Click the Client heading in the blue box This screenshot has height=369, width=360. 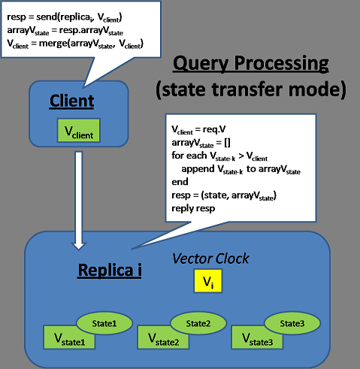[x=71, y=101]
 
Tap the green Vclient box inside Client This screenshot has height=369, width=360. [x=79, y=130]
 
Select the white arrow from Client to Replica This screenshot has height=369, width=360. [x=79, y=201]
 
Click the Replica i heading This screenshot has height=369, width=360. [x=110, y=270]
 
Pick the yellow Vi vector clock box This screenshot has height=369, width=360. [x=208, y=281]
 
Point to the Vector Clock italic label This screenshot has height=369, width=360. [x=210, y=259]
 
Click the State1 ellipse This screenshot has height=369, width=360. [x=104, y=323]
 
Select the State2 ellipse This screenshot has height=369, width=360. [x=198, y=323]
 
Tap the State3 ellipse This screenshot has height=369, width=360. [x=292, y=323]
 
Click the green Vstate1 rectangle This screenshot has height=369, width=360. [x=69, y=337]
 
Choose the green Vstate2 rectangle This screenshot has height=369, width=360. [x=163, y=337]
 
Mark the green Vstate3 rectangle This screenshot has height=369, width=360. [x=257, y=337]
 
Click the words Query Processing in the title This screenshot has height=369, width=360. [x=251, y=63]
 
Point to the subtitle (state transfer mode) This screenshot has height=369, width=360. [x=251, y=89]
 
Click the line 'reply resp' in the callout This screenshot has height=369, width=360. [x=193, y=208]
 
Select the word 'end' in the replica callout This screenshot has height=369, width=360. [x=180, y=182]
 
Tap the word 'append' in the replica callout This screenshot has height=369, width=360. [x=198, y=169]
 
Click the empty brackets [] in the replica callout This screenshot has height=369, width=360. [x=227, y=143]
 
